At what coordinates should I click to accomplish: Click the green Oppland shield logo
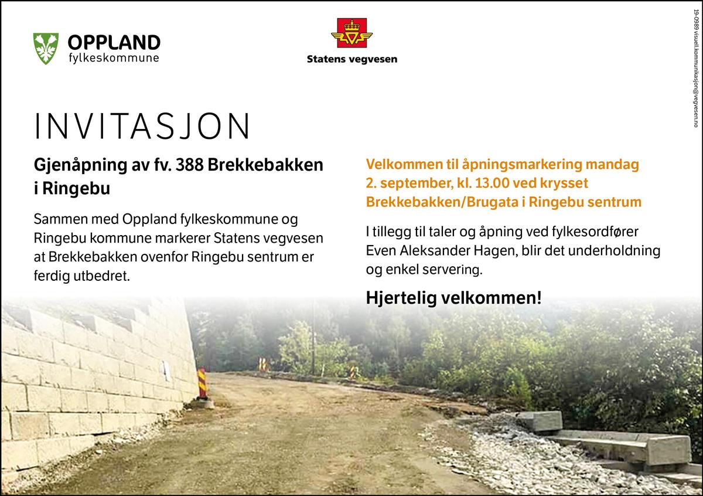tap(46, 49)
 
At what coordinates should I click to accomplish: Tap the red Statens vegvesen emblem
tap(351, 33)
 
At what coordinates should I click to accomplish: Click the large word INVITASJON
tap(142, 125)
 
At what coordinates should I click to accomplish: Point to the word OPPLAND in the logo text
tap(114, 42)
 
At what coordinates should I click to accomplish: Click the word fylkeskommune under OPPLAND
tap(114, 59)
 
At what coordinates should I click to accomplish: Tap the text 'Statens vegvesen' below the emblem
tap(352, 59)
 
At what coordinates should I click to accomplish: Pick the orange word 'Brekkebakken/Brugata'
tap(442, 202)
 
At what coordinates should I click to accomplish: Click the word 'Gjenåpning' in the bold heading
tap(80, 165)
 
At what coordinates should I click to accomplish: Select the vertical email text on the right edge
tap(695, 68)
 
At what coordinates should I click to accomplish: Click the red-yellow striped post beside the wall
tap(203, 383)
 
